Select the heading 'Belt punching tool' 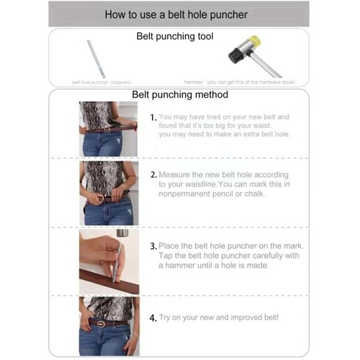[174, 37]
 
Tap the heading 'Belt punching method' [180, 95]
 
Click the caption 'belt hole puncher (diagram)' [101, 82]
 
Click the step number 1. [153, 117]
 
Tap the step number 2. [154, 175]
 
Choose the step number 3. [154, 246]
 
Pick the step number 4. [153, 318]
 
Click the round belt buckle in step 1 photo [106, 130]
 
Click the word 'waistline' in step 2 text [224, 184]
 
